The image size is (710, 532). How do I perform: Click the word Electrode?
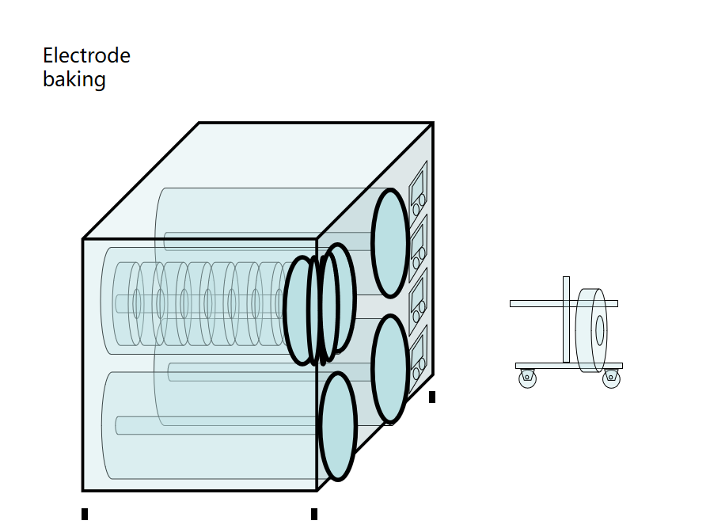[x=86, y=56]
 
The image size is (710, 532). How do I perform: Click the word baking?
[x=74, y=79]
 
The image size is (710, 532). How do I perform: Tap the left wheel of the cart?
[x=527, y=378]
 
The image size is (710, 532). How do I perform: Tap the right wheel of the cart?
[x=611, y=378]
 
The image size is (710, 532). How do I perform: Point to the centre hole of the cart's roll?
[x=600, y=330]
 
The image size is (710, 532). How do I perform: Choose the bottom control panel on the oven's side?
[x=418, y=351]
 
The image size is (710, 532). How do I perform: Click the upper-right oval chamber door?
[x=390, y=243]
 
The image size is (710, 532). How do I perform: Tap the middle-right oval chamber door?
[x=390, y=369]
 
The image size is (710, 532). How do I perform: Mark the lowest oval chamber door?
[x=337, y=426]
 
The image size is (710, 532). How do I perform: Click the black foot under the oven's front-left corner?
[x=85, y=515]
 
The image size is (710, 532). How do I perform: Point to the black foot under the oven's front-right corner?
[x=314, y=515]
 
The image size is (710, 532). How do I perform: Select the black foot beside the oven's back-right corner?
[x=432, y=397]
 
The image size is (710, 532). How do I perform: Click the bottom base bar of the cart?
[x=568, y=366]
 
